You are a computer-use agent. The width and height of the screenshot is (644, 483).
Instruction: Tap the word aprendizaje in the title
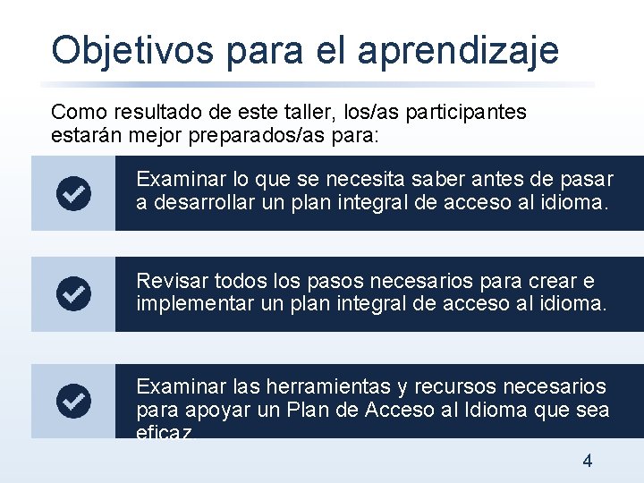pos(458,52)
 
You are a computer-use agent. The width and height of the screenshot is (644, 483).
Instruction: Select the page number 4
pos(587,462)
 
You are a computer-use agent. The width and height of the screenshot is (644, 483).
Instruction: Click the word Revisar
pos(169,281)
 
